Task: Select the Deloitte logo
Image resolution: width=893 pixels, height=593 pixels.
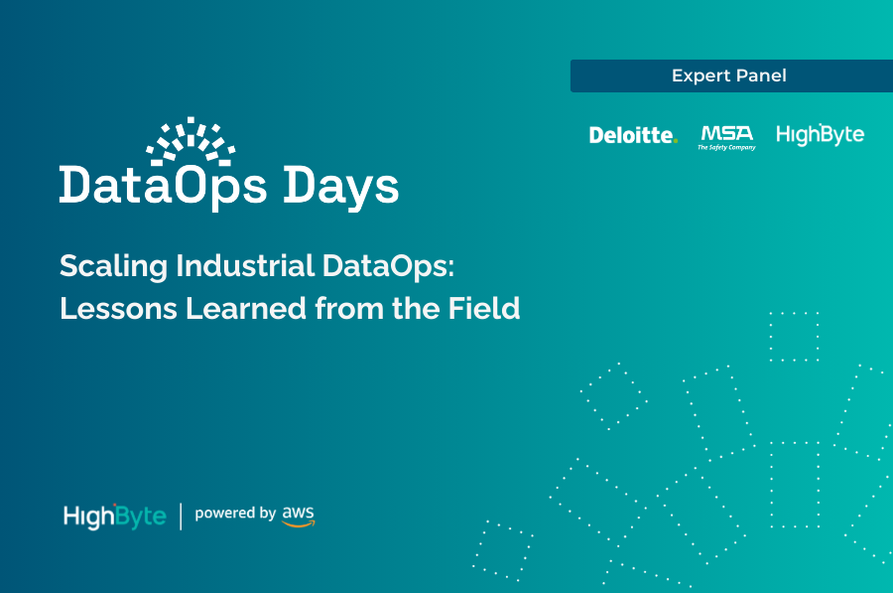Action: [x=632, y=135]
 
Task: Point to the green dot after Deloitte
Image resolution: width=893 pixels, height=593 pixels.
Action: [x=676, y=141]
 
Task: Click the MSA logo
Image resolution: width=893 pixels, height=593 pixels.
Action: [x=726, y=132]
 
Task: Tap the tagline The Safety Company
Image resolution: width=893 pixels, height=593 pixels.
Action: [x=726, y=147]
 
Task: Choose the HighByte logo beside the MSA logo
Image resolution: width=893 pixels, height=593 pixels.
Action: [x=820, y=134]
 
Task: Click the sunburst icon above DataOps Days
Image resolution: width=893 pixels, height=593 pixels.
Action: [x=191, y=141]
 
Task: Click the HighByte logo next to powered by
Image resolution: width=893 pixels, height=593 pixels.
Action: [x=114, y=517]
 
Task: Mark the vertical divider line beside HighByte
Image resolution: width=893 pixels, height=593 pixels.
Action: [x=181, y=516]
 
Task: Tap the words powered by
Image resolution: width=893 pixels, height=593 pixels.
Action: [x=235, y=514]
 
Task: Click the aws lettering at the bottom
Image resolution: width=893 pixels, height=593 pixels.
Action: [x=298, y=511]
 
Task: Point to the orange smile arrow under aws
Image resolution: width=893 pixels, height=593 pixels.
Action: [x=298, y=522]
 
